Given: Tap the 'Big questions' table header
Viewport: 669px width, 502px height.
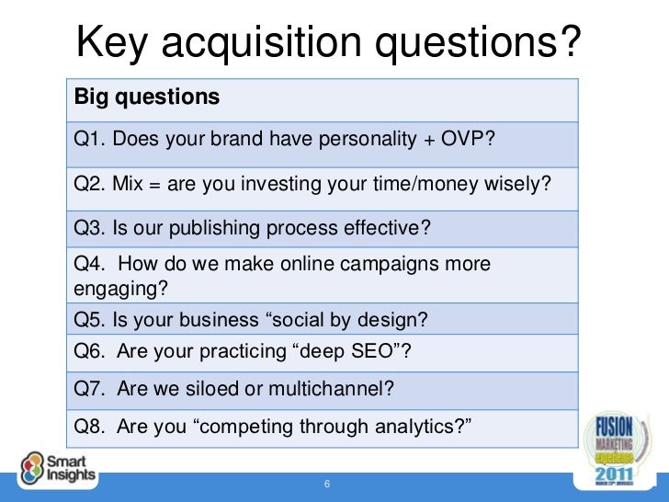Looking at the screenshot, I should (147, 96).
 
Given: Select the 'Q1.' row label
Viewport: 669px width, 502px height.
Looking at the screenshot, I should (89, 139).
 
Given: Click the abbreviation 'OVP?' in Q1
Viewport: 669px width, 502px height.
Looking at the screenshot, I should (468, 139).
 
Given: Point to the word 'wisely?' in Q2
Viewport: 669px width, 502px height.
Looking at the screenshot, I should (519, 183).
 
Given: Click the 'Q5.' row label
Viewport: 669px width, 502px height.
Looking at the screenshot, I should (89, 321).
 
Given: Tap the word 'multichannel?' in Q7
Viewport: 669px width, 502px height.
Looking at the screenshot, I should (336, 388).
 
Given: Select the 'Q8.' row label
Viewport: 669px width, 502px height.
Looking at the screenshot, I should (89, 425).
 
